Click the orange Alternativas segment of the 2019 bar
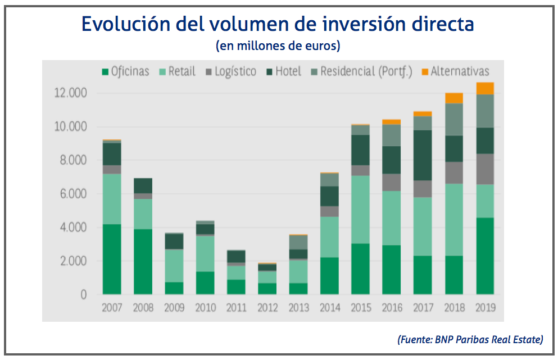point(484,88)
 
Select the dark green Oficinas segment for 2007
point(111,259)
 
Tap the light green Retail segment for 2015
point(360,209)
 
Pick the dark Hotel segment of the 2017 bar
point(423,155)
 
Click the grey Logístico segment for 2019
point(484,169)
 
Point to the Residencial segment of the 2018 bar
point(453,120)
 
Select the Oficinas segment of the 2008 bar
point(143,261)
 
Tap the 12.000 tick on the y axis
point(71,93)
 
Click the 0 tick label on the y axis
point(84,295)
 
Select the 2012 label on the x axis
point(267,308)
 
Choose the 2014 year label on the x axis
point(329,308)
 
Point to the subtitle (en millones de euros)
point(278,45)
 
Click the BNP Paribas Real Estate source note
point(470,339)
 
